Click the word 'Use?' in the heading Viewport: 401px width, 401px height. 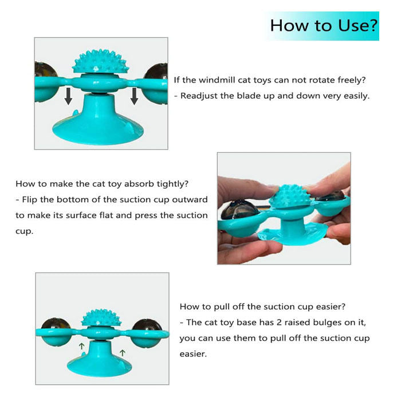pos(357,26)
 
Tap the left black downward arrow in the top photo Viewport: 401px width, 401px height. pos(68,96)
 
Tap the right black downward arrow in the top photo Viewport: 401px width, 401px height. pos(134,96)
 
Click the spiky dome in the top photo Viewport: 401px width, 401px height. pos(100,62)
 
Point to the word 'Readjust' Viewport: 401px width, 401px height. pos(199,96)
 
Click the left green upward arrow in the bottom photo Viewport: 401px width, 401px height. pos(81,346)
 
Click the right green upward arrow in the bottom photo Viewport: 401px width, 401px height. pos(123,353)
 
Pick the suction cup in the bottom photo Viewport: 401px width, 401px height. pos(100,360)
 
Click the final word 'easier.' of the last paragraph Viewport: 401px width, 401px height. pos(193,354)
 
